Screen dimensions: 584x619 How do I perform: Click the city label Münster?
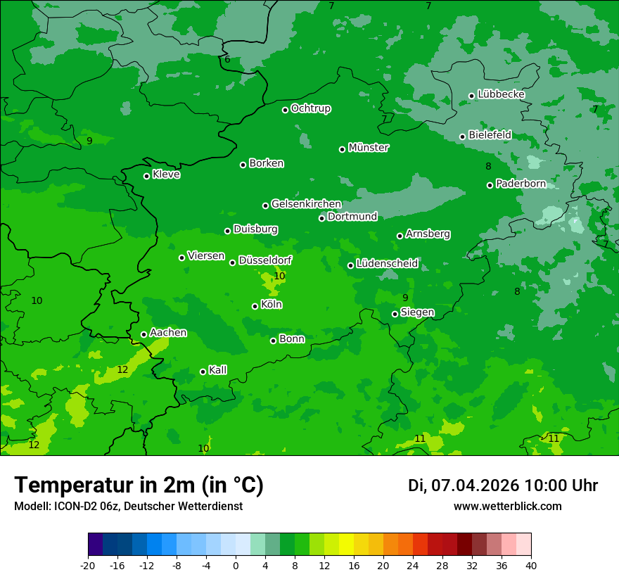pyautogui.click(x=368, y=148)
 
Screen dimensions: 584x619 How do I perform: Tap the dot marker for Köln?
pyautogui.click(x=255, y=306)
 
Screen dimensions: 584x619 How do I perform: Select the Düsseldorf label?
pyautogui.click(x=265, y=260)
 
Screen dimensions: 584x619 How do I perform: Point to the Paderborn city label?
pyautogui.click(x=521, y=184)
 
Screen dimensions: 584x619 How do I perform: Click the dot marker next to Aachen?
pyautogui.click(x=143, y=334)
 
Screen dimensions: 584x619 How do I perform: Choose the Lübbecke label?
pyautogui.click(x=501, y=94)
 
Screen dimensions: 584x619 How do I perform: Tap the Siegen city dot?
pyautogui.click(x=395, y=314)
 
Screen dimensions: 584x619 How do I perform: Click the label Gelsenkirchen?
pyautogui.click(x=306, y=204)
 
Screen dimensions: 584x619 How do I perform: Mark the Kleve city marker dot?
pyautogui.click(x=146, y=176)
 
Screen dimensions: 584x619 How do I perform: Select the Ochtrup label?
pyautogui.click(x=310, y=108)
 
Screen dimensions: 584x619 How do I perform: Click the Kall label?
pyautogui.click(x=217, y=370)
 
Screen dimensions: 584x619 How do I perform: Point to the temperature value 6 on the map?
pyautogui.click(x=227, y=60)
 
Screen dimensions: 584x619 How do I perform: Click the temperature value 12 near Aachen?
pyautogui.click(x=122, y=369)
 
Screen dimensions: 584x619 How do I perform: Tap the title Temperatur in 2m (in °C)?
pyautogui.click(x=139, y=485)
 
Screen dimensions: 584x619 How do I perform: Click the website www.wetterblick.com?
pyautogui.click(x=507, y=506)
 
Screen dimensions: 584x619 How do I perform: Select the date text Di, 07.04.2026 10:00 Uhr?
pyautogui.click(x=502, y=485)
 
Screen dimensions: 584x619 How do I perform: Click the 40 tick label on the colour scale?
pyautogui.click(x=531, y=565)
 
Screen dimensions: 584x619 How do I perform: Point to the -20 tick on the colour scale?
pyautogui.click(x=88, y=565)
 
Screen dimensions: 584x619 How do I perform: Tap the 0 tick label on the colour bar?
pyautogui.click(x=236, y=565)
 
